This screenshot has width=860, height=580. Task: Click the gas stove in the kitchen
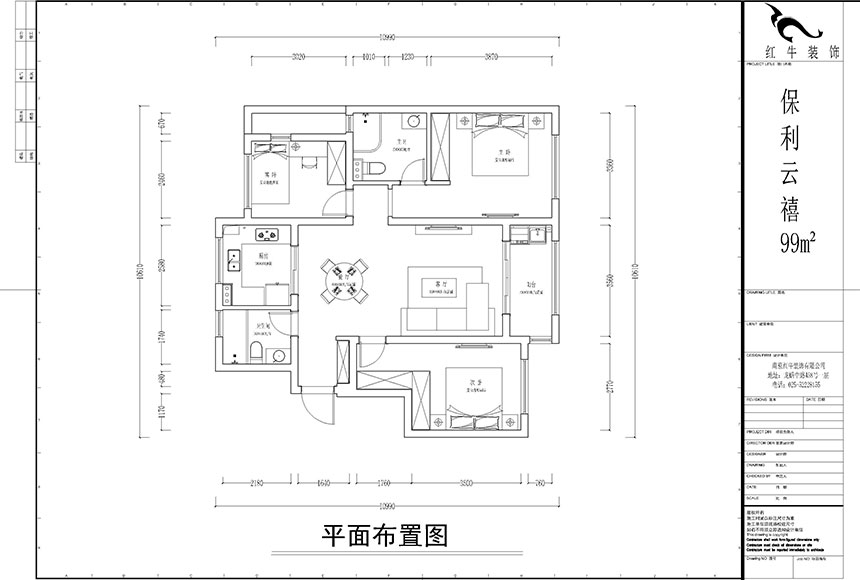pyautogui.click(x=268, y=237)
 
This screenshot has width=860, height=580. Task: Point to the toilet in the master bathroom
pyautogui.click(x=373, y=167)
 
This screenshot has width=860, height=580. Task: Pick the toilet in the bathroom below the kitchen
pyautogui.click(x=255, y=351)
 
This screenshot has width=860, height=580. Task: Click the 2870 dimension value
pyautogui.click(x=490, y=57)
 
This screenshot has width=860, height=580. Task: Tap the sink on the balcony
pyautogui.click(x=520, y=237)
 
